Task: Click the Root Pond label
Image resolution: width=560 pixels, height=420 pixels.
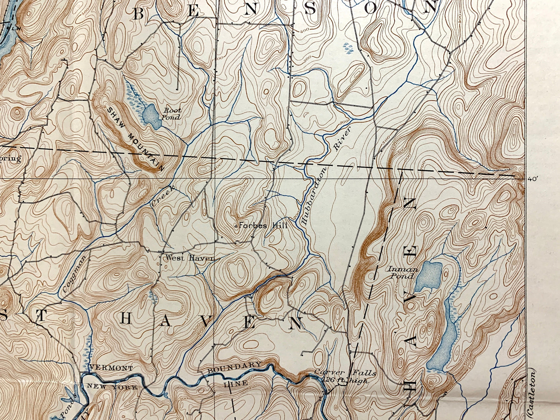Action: click(172, 114)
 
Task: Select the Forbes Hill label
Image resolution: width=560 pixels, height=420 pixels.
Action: click(263, 225)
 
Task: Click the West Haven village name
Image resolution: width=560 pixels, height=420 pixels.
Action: click(190, 258)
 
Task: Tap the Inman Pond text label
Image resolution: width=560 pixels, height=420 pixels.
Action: click(403, 273)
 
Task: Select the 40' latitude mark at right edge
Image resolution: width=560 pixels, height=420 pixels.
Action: click(533, 179)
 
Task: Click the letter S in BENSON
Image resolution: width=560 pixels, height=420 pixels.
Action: click(310, 9)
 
